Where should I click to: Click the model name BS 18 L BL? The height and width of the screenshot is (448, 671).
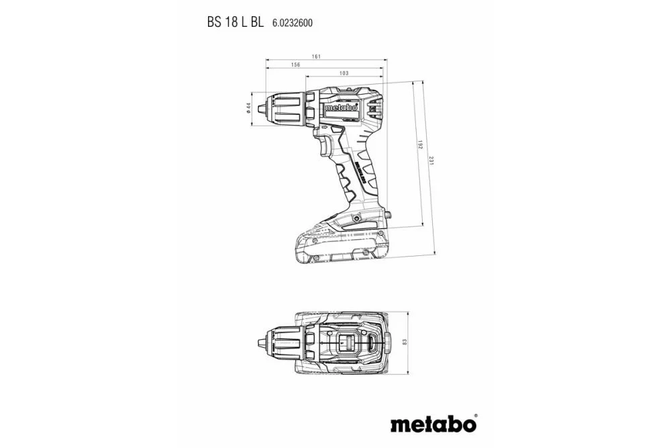[x=235, y=21]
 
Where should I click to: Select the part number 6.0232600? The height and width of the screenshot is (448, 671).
[x=292, y=22]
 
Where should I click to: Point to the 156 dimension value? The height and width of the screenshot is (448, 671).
[x=295, y=64]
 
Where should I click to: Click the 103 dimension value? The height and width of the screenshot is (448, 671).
[x=344, y=73]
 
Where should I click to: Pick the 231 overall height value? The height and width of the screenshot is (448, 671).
[x=433, y=163]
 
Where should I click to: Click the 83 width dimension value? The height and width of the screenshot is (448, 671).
[x=405, y=343]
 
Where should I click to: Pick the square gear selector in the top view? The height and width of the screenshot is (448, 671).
[x=348, y=343]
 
